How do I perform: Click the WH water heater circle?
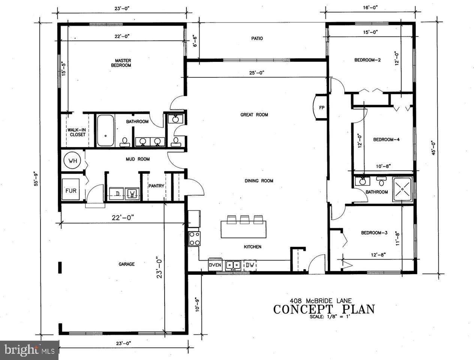[x=72, y=161]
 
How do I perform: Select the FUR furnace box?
[x=71, y=190]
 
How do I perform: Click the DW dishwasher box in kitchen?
[x=250, y=265]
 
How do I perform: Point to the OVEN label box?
[x=215, y=265]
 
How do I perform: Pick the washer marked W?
[x=132, y=193]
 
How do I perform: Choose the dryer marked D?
[x=117, y=193]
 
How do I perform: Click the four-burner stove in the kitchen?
[x=194, y=238]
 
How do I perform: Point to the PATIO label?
[x=257, y=38]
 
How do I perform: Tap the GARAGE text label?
[x=126, y=264]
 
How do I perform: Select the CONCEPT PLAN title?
[x=324, y=309]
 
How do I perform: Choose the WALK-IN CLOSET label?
[x=77, y=132]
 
